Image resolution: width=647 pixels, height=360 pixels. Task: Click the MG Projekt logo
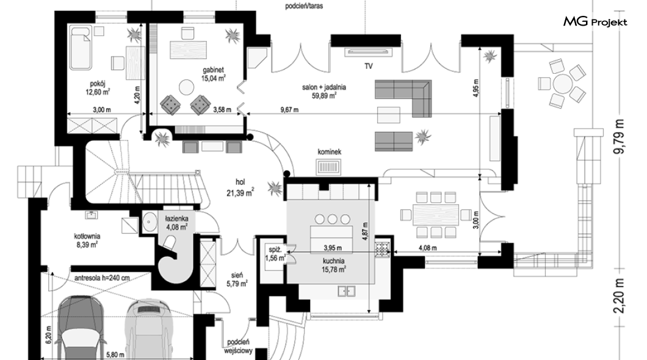coord(595,23)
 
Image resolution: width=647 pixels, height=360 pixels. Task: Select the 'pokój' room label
coord(97,85)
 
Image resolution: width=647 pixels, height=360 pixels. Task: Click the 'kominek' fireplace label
coord(328,151)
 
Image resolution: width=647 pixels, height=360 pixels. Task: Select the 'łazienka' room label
coord(176,217)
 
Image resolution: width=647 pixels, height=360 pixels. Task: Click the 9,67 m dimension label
coord(289,110)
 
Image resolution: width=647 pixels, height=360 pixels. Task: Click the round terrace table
coord(562,83)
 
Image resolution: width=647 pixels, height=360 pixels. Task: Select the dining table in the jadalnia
coord(435,215)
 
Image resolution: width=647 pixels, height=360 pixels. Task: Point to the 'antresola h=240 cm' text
coord(103,278)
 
